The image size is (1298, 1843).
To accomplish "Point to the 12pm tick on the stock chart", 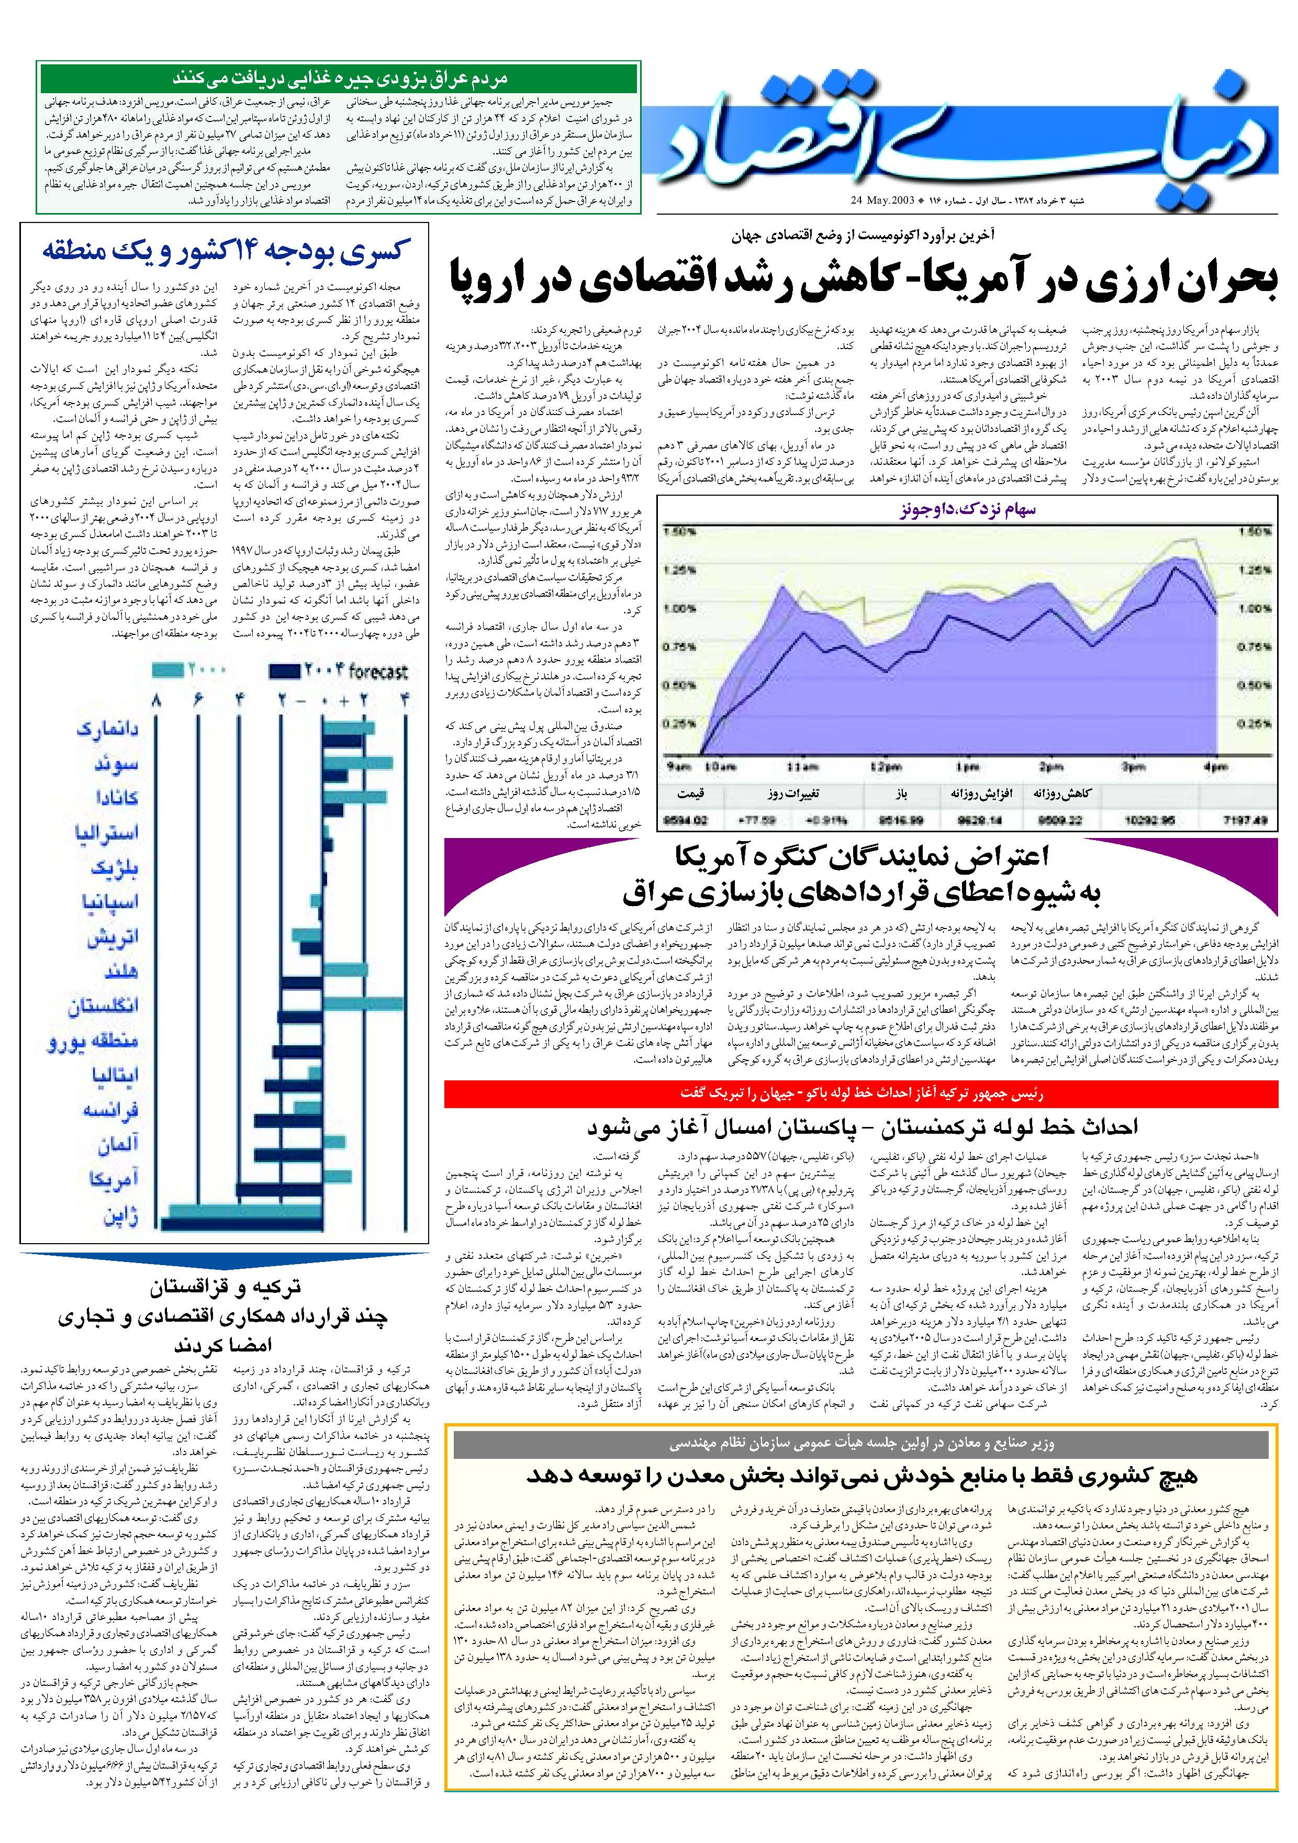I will (x=886, y=767).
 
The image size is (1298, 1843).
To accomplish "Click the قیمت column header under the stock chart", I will (x=690, y=794).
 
